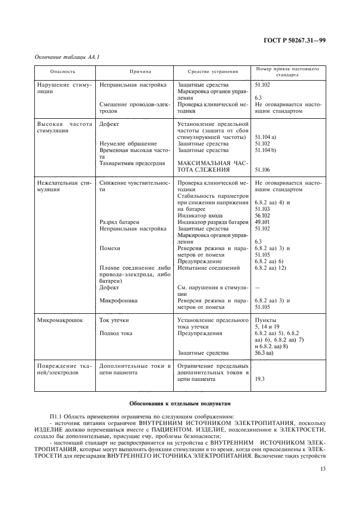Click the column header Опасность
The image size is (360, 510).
[x=63, y=71]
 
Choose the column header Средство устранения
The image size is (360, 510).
[x=213, y=71]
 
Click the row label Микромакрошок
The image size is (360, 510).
[x=60, y=320]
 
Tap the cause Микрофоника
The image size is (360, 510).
[x=118, y=300]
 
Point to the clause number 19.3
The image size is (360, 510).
[x=260, y=379]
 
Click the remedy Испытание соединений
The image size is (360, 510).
[x=209, y=268]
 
